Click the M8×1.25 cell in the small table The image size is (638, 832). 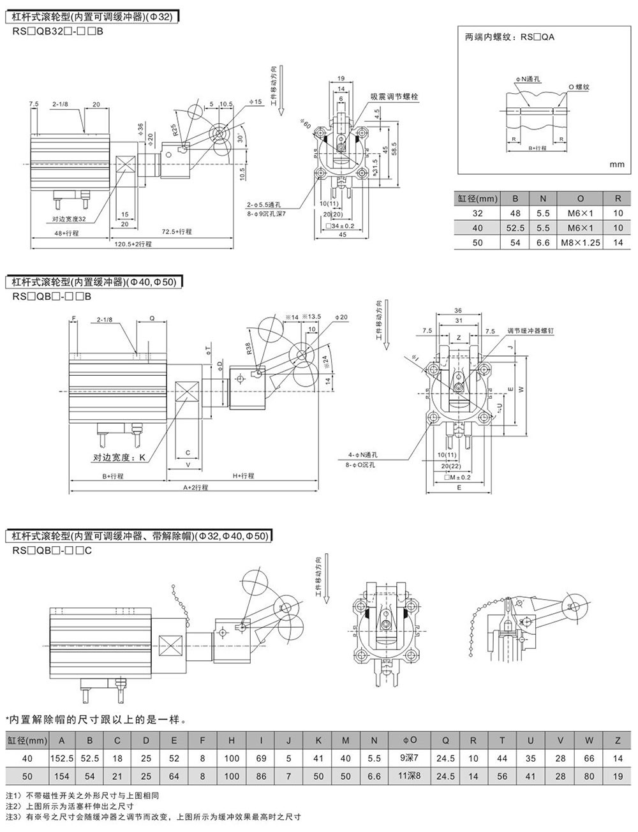coord(580,243)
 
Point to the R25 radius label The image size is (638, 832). coord(174,127)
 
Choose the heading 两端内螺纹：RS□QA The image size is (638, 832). coord(510,37)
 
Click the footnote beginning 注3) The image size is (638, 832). coord(153,817)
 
